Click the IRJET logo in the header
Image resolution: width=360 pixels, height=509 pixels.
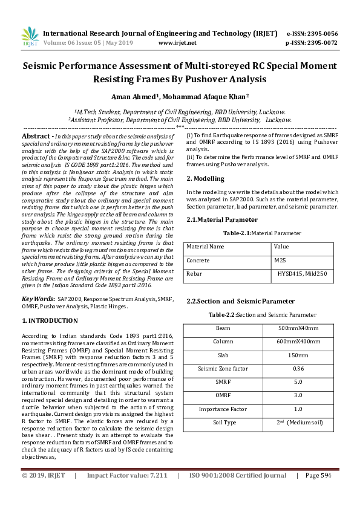[30, 37]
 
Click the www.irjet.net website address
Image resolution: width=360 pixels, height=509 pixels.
[177, 43]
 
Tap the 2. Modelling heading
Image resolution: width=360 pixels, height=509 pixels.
[205, 178]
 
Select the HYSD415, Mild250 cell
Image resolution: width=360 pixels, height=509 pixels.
[302, 274]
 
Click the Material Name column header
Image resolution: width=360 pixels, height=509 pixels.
[205, 247]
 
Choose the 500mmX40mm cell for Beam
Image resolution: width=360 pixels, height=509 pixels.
[298, 328]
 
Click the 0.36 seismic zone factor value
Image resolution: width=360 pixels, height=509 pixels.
[298, 368]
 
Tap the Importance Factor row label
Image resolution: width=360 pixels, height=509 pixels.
[223, 409]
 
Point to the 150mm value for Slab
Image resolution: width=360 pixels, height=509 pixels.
[298, 355]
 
